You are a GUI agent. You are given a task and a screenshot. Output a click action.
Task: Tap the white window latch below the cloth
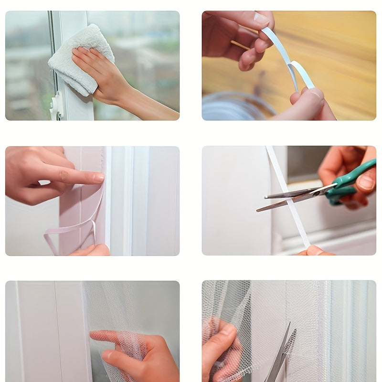point(57,106)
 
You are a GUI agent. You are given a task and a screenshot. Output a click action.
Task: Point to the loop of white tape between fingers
point(298,74)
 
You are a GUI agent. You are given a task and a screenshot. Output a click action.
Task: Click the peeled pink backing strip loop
point(72,229)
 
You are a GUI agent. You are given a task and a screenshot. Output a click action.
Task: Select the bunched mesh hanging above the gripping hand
point(227,301)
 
